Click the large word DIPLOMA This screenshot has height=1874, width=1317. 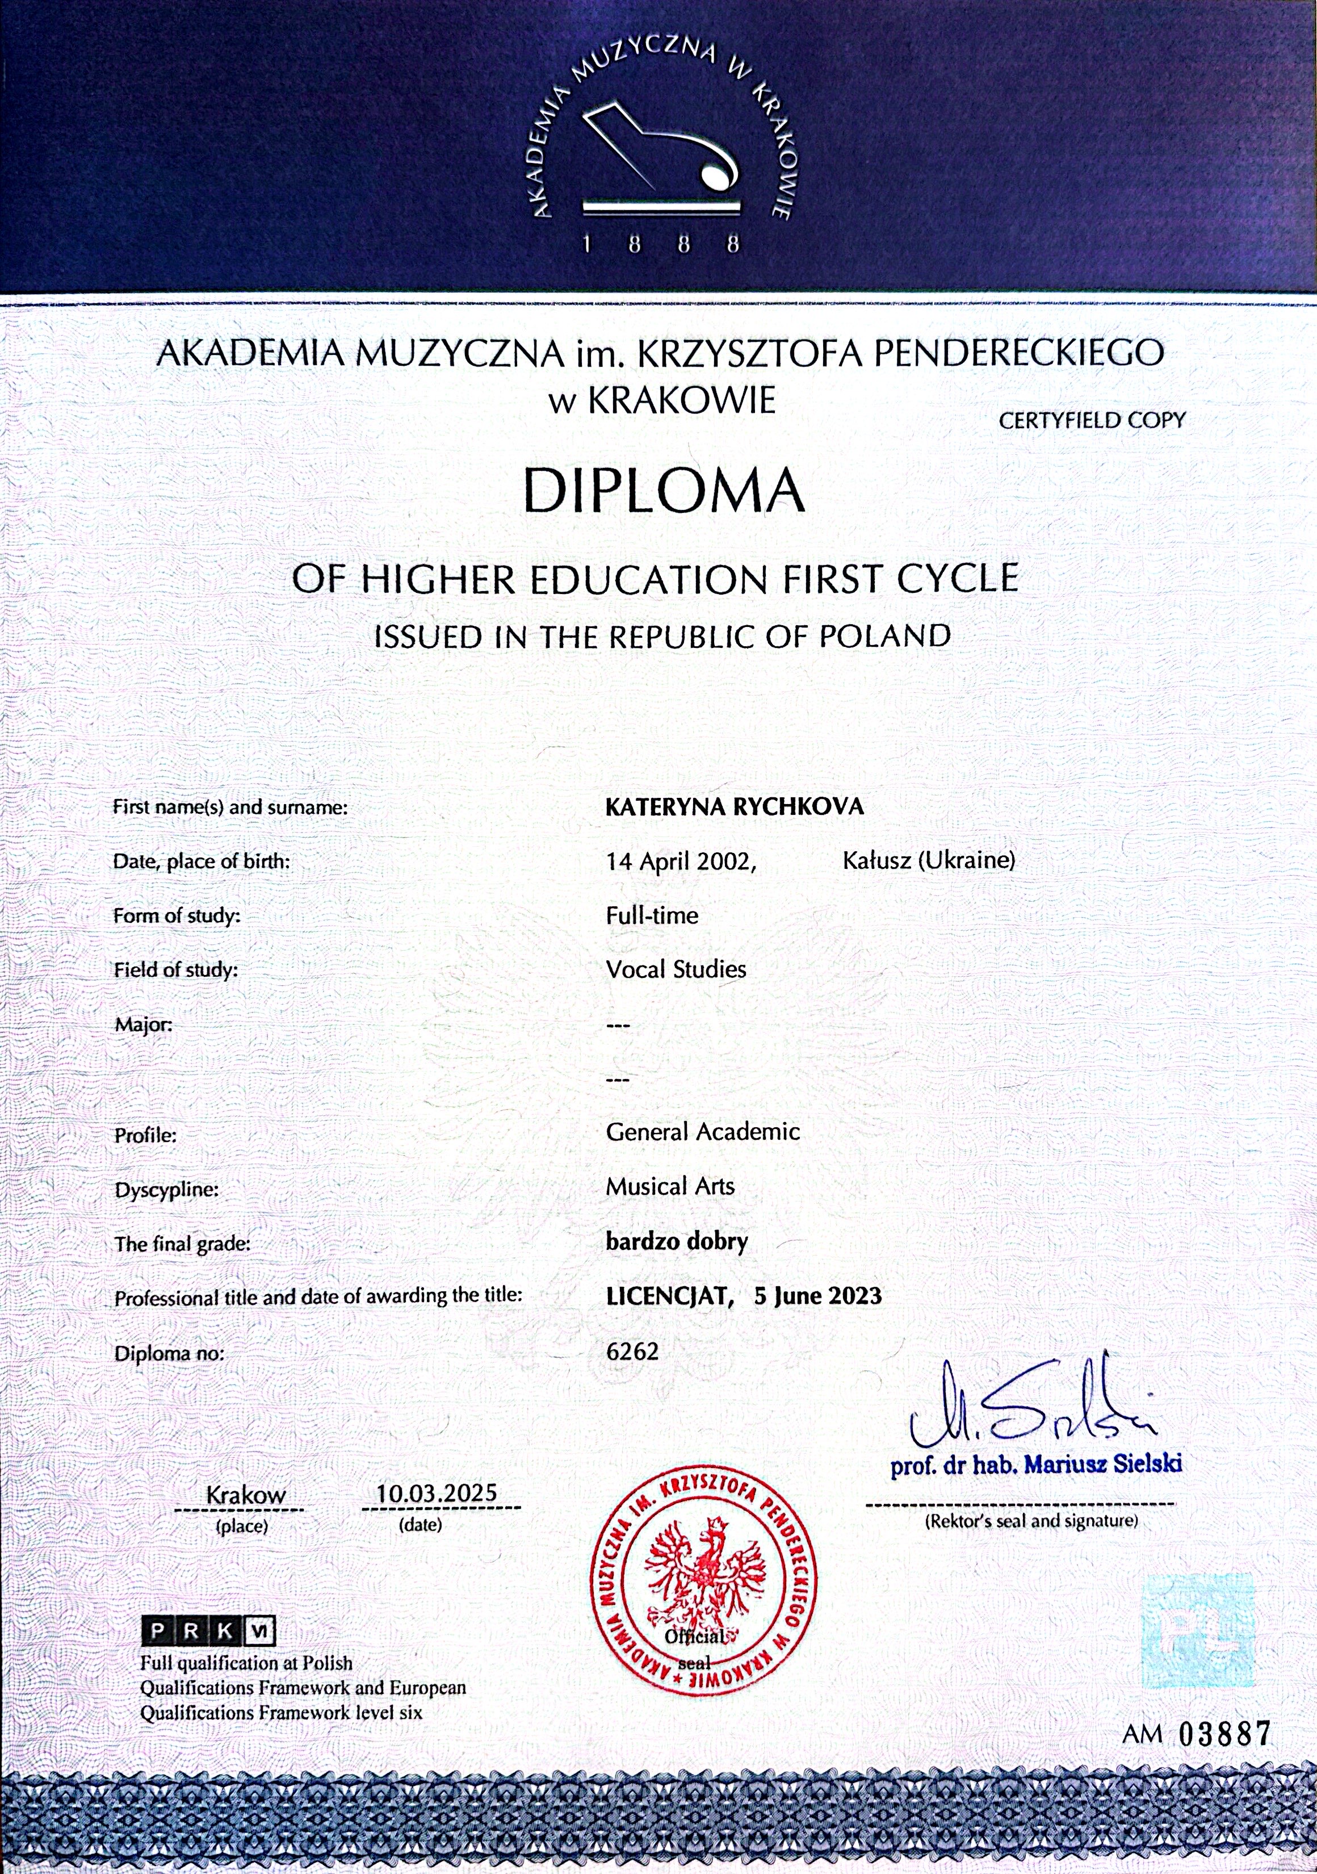(x=664, y=490)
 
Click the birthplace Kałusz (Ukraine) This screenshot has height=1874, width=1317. (x=928, y=859)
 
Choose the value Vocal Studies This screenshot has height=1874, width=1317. (x=676, y=969)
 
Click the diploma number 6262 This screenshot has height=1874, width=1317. (x=632, y=1352)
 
